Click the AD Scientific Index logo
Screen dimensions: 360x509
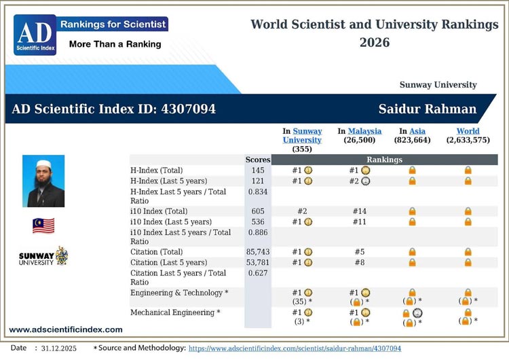point(35,35)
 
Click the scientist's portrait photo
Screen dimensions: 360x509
point(43,181)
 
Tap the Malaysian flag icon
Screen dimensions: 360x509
point(43,226)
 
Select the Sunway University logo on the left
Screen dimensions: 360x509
point(43,257)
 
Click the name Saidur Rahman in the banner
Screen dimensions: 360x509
point(428,109)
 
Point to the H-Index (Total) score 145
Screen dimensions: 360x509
point(258,170)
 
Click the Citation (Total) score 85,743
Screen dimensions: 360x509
point(258,252)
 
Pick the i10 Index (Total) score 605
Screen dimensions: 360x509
point(258,211)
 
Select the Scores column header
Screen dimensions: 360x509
point(258,160)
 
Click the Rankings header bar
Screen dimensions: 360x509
point(384,160)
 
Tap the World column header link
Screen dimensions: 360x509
point(468,131)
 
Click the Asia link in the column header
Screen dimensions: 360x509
point(417,131)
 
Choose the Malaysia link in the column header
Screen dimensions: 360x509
point(364,131)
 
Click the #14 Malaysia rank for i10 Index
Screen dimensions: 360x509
point(360,211)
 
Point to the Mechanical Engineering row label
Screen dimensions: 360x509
point(175,312)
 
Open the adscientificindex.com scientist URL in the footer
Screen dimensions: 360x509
point(295,348)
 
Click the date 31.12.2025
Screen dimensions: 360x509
point(59,348)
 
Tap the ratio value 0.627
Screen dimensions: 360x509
point(258,274)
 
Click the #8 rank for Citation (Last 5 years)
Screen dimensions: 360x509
point(360,263)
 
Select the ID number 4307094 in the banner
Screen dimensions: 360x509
point(188,109)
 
